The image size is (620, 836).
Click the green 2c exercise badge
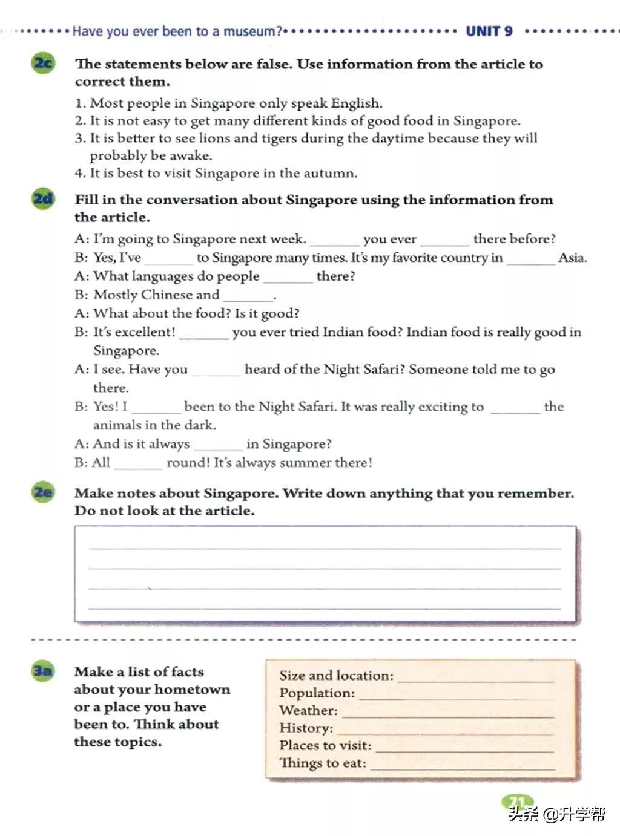point(42,63)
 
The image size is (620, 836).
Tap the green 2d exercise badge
point(42,198)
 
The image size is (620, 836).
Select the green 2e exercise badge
point(42,492)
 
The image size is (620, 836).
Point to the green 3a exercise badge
point(42,670)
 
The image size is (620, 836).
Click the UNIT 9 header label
point(489,31)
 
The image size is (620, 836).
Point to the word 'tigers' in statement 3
point(282,138)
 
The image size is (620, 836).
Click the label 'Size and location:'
point(336,675)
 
